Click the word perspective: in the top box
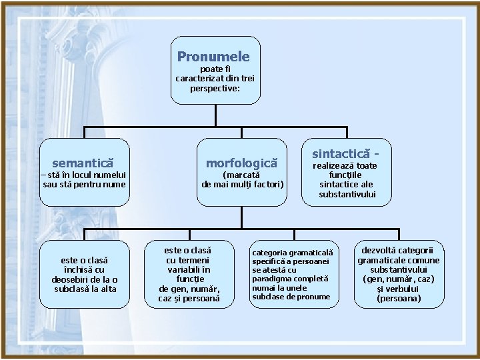[215, 87]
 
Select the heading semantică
[83, 162]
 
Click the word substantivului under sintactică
[347, 194]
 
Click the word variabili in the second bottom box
[187, 270]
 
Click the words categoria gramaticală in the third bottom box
[293, 253]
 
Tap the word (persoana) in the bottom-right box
[399, 299]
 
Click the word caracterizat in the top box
[195, 78]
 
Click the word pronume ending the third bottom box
[313, 296]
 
